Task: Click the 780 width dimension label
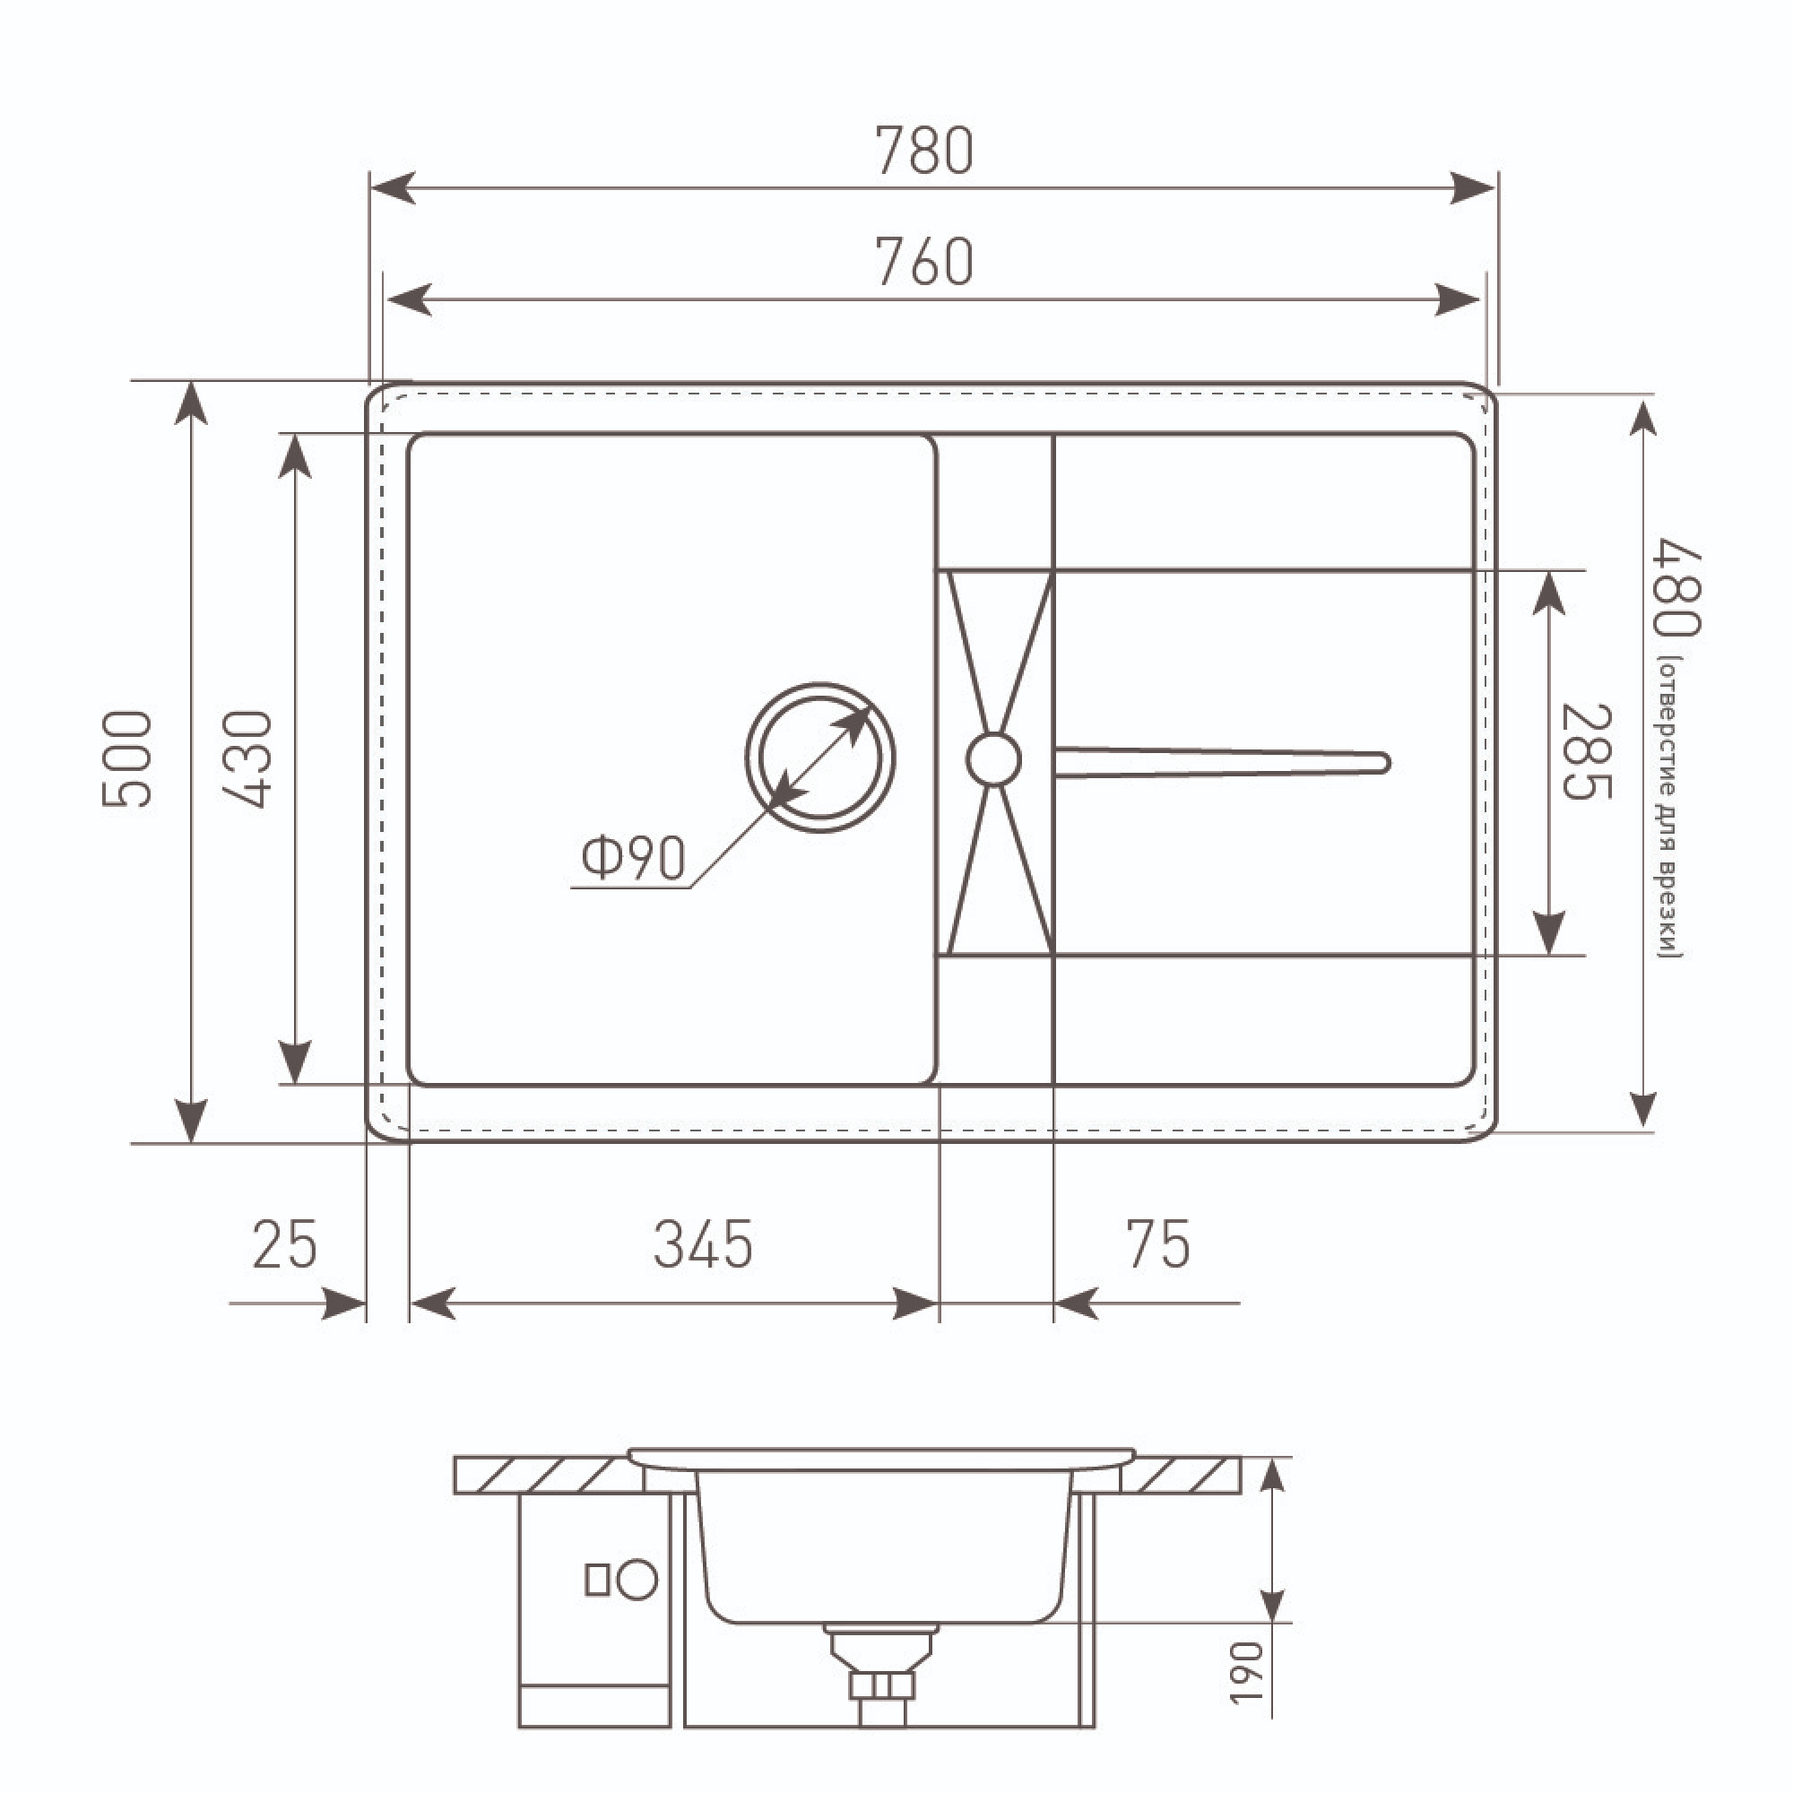pyautogui.click(x=924, y=152)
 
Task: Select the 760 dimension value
pyautogui.click(x=924, y=263)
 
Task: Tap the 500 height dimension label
pyautogui.click(x=127, y=759)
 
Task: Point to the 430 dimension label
pyautogui.click(x=247, y=759)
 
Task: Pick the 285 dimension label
pyautogui.click(x=1587, y=752)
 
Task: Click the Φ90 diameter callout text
pyautogui.click(x=633, y=858)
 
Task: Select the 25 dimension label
pyautogui.click(x=285, y=1244)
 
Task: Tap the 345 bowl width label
pyautogui.click(x=704, y=1244)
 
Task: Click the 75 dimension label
pyautogui.click(x=1158, y=1244)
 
